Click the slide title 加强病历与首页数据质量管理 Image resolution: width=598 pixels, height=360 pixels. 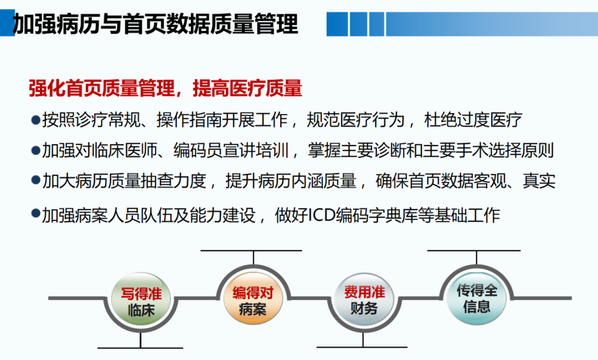(x=155, y=24)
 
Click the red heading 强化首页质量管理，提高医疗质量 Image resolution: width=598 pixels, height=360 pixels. (x=166, y=88)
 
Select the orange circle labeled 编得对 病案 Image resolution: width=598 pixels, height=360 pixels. (x=253, y=298)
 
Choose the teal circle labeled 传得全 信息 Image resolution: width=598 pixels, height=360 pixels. (x=477, y=298)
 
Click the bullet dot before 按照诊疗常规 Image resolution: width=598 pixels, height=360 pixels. (x=36, y=120)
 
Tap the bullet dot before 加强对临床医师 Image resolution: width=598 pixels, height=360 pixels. (x=36, y=150)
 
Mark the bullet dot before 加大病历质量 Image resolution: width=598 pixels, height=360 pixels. (x=36, y=181)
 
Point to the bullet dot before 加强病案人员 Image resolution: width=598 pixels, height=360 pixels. (x=36, y=214)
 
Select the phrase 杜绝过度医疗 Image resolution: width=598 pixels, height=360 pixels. (x=473, y=120)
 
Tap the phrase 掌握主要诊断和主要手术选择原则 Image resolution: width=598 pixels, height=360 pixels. (x=431, y=150)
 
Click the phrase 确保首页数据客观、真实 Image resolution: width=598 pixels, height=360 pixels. (x=465, y=181)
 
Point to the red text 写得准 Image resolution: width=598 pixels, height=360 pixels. (x=141, y=294)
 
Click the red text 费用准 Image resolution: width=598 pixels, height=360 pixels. (x=364, y=292)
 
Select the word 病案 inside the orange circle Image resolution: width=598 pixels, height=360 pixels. (x=253, y=309)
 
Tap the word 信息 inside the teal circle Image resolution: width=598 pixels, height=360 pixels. (x=477, y=307)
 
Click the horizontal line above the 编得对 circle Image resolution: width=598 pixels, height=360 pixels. (x=251, y=250)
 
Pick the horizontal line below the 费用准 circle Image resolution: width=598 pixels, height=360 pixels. (x=362, y=347)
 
